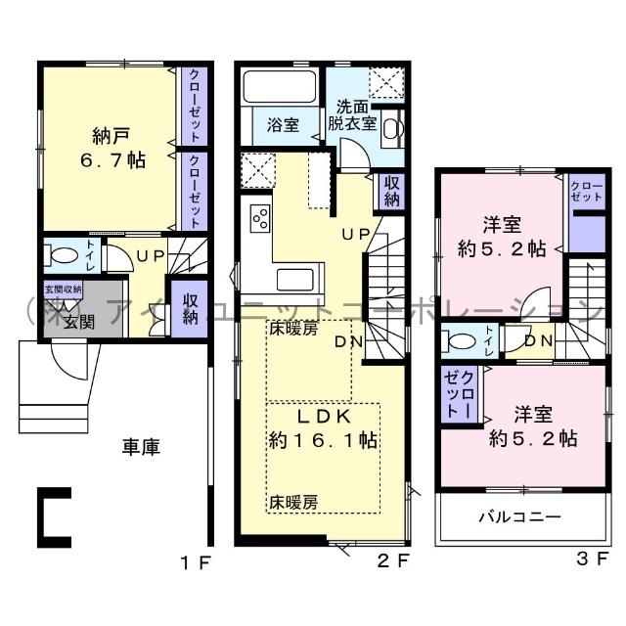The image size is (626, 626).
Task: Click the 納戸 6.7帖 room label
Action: [x=110, y=147]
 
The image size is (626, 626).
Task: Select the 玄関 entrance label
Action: [x=79, y=322]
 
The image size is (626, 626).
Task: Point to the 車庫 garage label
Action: [x=141, y=446]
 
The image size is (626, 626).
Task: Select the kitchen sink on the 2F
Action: [x=293, y=280]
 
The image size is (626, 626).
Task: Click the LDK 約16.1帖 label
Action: [x=324, y=427]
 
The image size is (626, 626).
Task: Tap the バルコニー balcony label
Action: [x=518, y=515]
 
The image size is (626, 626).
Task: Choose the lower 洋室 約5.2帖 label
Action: [x=528, y=426]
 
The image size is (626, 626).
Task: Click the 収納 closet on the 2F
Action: [x=391, y=191]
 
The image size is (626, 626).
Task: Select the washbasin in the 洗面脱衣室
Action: [x=390, y=127]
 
